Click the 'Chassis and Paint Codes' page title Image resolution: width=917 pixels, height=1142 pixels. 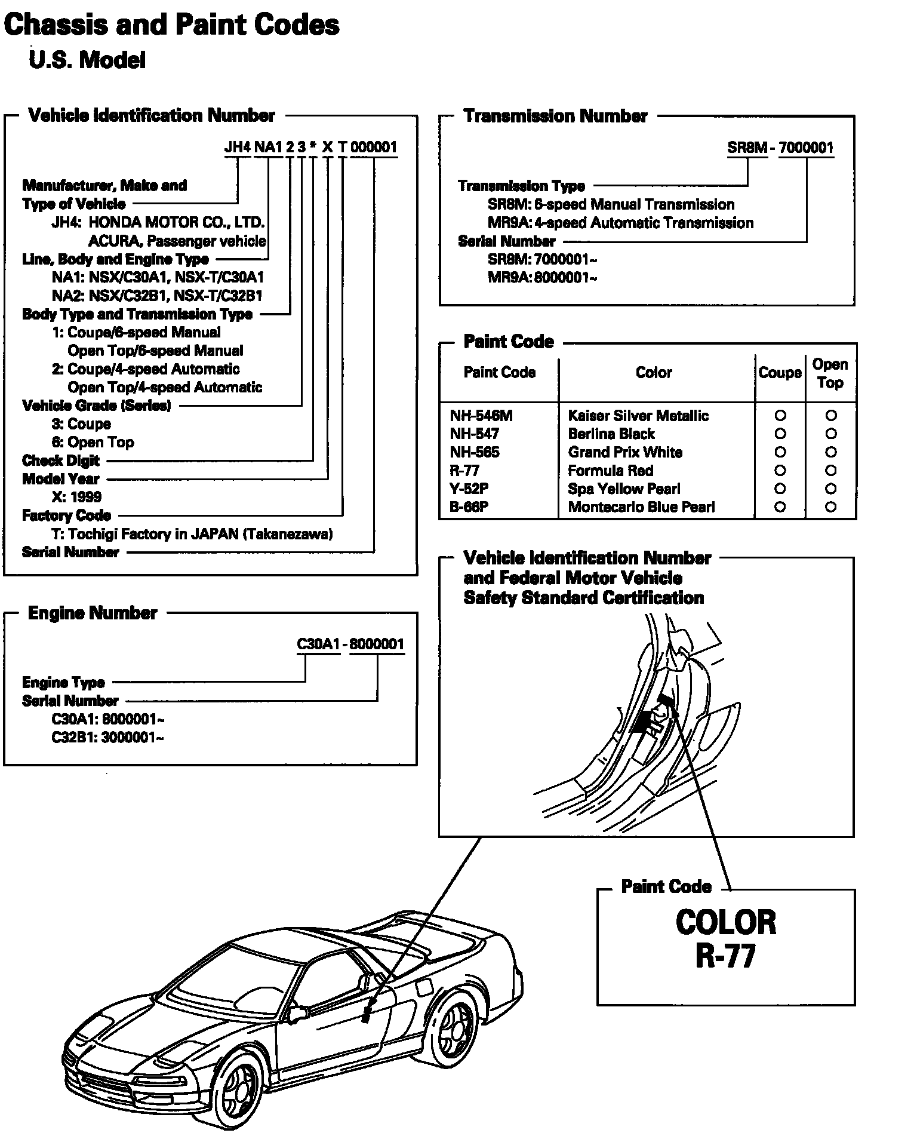coord(171,26)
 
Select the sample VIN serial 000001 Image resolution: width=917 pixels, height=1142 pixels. coord(374,147)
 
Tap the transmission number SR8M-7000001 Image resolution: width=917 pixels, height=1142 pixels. coord(780,148)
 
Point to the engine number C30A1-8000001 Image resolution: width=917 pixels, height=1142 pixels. coord(350,644)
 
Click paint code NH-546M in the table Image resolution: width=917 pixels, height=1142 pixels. coord(481,416)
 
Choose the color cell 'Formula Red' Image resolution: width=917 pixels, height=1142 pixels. coord(610,471)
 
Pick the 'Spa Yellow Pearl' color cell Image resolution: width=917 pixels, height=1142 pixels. coord(624,489)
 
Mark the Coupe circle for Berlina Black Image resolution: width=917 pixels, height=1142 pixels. coord(780,434)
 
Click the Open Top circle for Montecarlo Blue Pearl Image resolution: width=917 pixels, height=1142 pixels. coord(830,507)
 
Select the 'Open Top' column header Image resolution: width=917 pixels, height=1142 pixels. coord(830,373)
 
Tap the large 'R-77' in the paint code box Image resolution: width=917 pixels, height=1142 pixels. coord(725,956)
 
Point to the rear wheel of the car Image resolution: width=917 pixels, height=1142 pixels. coord(460,1025)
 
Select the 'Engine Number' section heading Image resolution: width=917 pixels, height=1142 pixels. coord(93,613)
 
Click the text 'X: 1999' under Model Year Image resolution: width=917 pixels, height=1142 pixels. coord(76,497)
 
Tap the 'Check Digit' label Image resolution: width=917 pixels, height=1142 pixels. coord(61,461)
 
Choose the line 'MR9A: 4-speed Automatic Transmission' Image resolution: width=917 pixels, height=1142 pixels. coord(620,223)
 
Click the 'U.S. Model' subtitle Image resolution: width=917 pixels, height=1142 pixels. coord(87,60)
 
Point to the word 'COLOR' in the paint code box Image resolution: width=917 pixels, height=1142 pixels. coord(725,922)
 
